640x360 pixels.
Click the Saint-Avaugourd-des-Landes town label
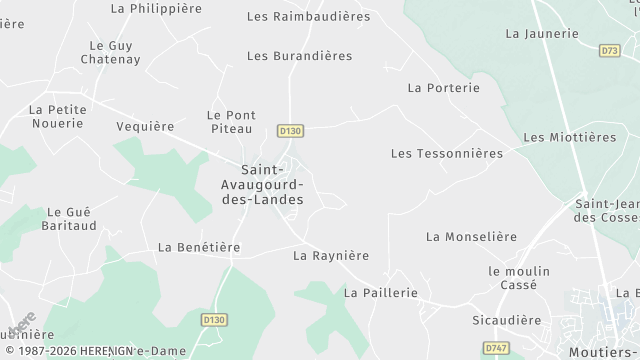point(261,184)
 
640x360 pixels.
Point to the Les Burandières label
point(299,56)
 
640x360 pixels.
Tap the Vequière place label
point(145,127)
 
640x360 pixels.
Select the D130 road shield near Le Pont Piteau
point(291,130)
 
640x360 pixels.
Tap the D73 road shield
point(610,50)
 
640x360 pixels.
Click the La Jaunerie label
point(542,33)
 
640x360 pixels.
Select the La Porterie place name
point(444,88)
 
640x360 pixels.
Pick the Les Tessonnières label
point(447,153)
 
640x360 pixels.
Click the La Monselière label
point(471,237)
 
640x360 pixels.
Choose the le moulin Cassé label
point(513,278)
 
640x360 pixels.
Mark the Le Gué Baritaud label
point(69,220)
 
